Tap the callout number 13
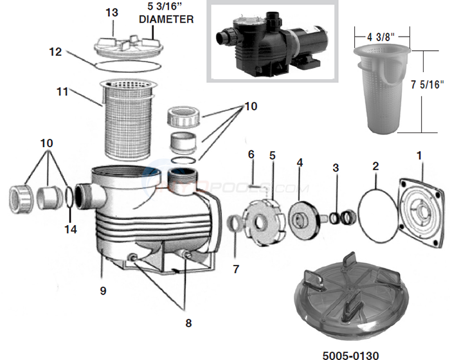click(x=112, y=13)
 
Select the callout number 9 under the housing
click(x=102, y=291)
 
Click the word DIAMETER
click(x=166, y=19)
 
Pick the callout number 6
click(x=251, y=155)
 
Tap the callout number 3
click(x=335, y=168)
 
